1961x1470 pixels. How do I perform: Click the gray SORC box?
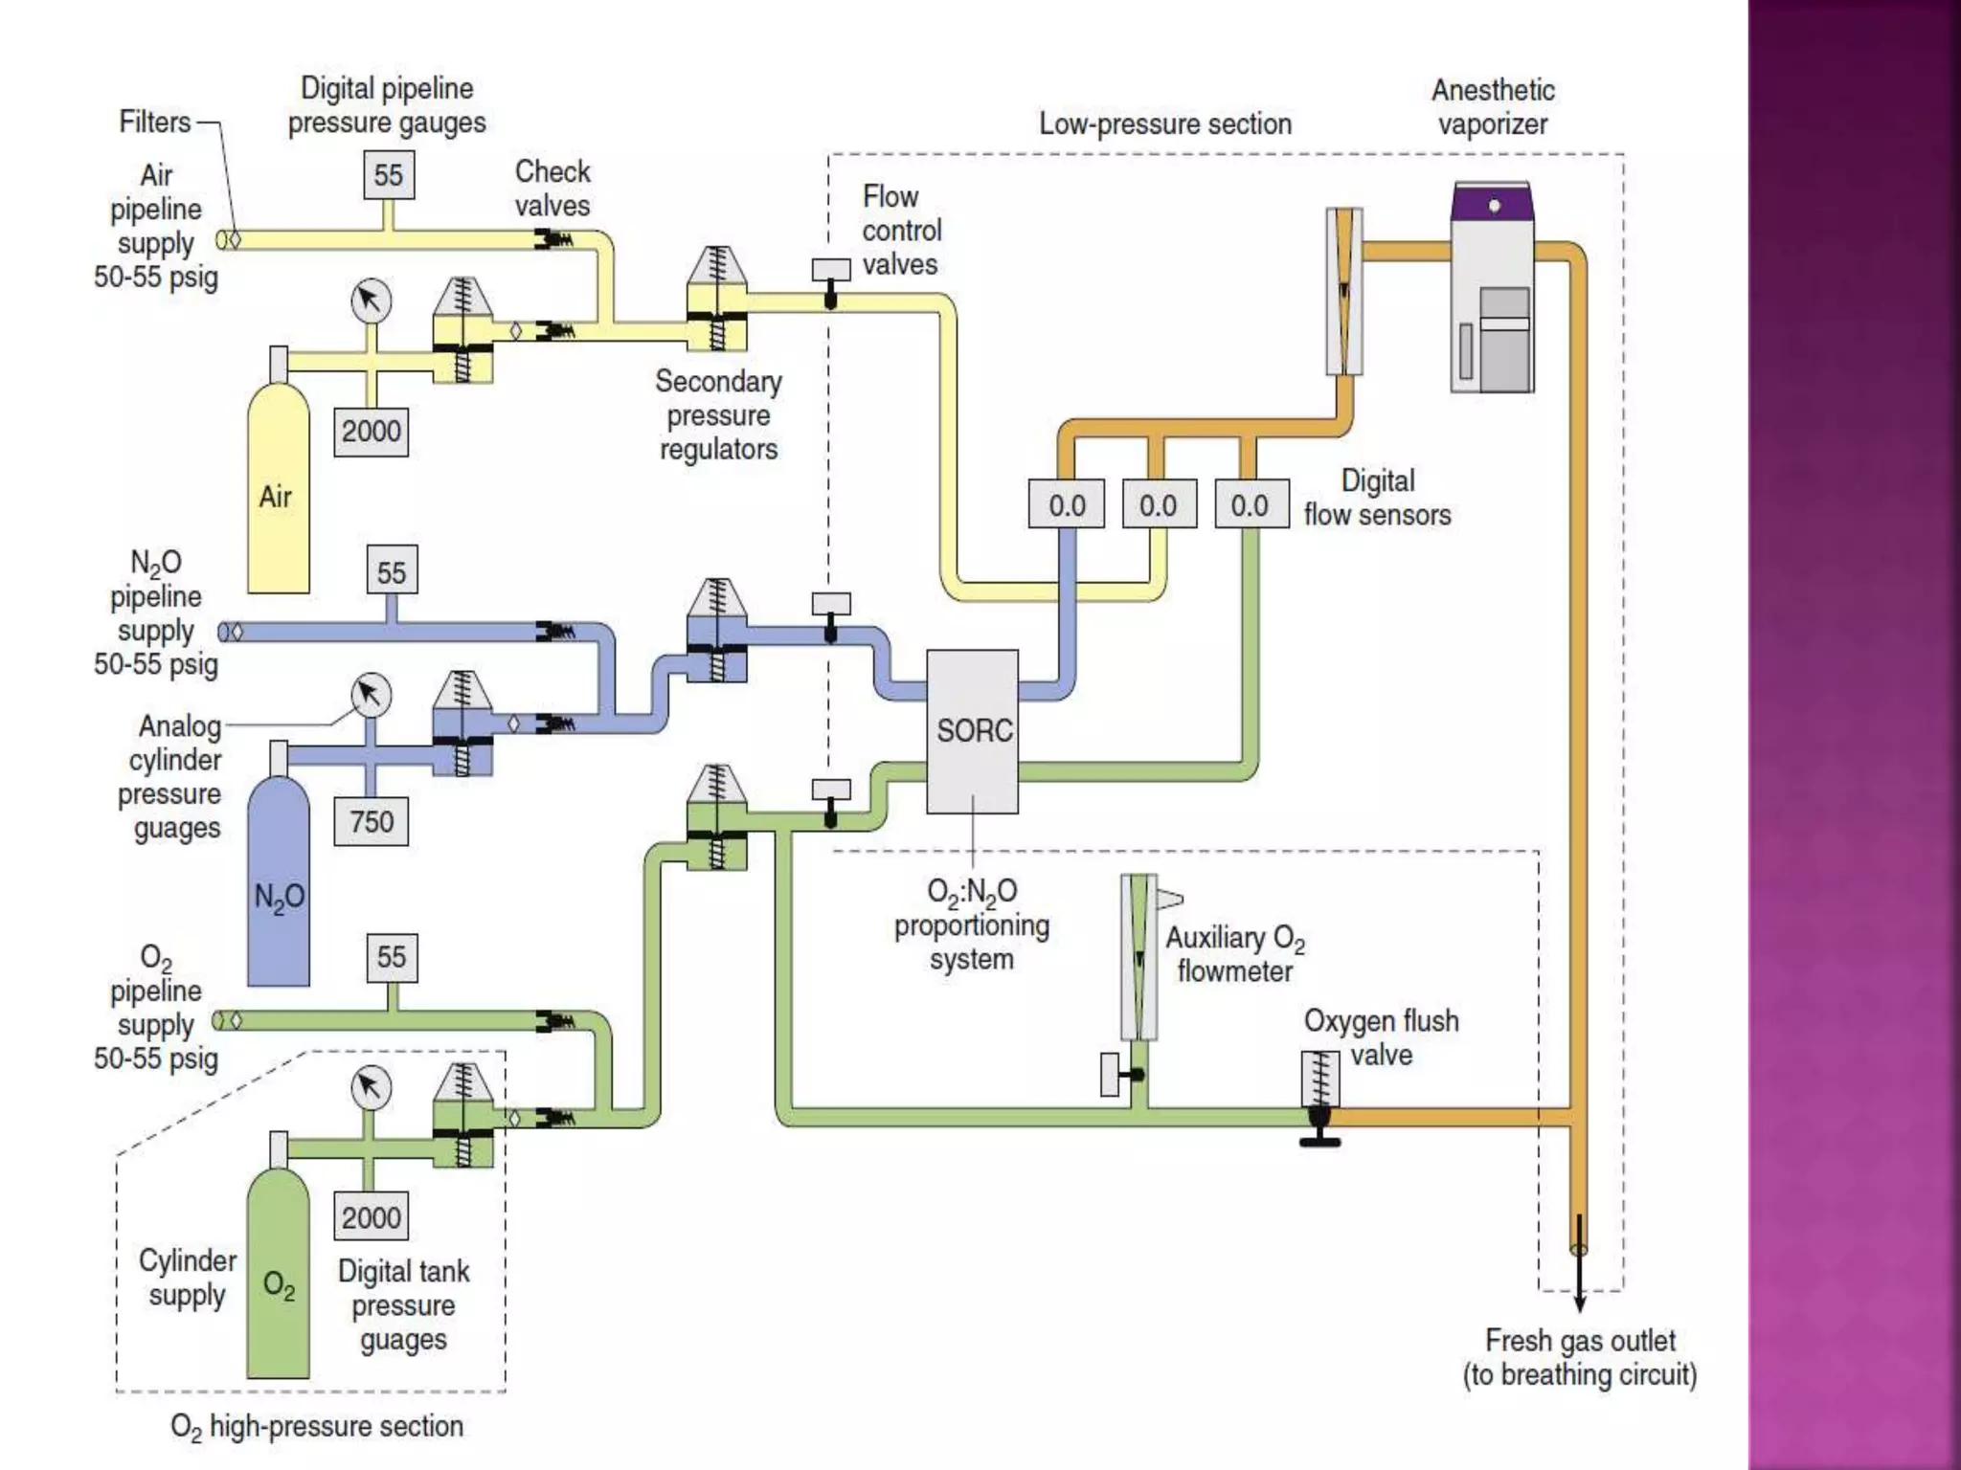pos(972,731)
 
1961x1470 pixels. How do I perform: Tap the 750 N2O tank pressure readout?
pos(372,821)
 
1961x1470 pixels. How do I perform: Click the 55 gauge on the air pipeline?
pos(389,175)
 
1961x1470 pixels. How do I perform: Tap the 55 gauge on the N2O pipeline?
pos(392,572)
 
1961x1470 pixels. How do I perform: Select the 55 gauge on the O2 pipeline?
pos(392,957)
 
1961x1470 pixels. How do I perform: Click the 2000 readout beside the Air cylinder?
pos(372,431)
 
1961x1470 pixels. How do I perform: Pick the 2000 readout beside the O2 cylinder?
pos(372,1217)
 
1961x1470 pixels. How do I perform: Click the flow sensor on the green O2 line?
pos(1250,504)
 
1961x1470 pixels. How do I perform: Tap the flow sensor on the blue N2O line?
pos(1067,504)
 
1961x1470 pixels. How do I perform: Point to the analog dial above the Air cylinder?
pos(372,301)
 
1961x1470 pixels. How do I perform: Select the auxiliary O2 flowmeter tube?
pos(1138,957)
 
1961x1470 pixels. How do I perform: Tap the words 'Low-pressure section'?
pos(1165,124)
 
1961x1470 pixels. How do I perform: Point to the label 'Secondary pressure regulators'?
pos(718,415)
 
